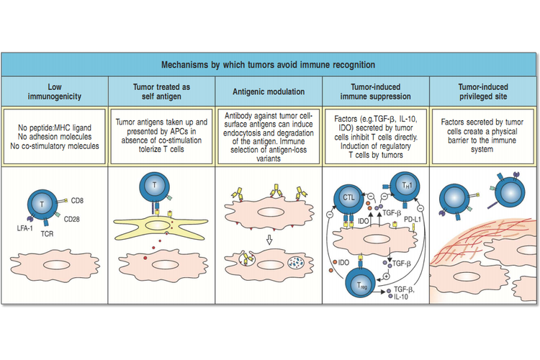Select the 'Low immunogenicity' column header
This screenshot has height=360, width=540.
click(x=54, y=91)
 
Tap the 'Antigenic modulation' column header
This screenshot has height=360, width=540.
click(x=269, y=91)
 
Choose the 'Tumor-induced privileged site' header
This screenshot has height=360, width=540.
click(x=483, y=91)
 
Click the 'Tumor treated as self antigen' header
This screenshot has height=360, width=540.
click(x=161, y=91)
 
